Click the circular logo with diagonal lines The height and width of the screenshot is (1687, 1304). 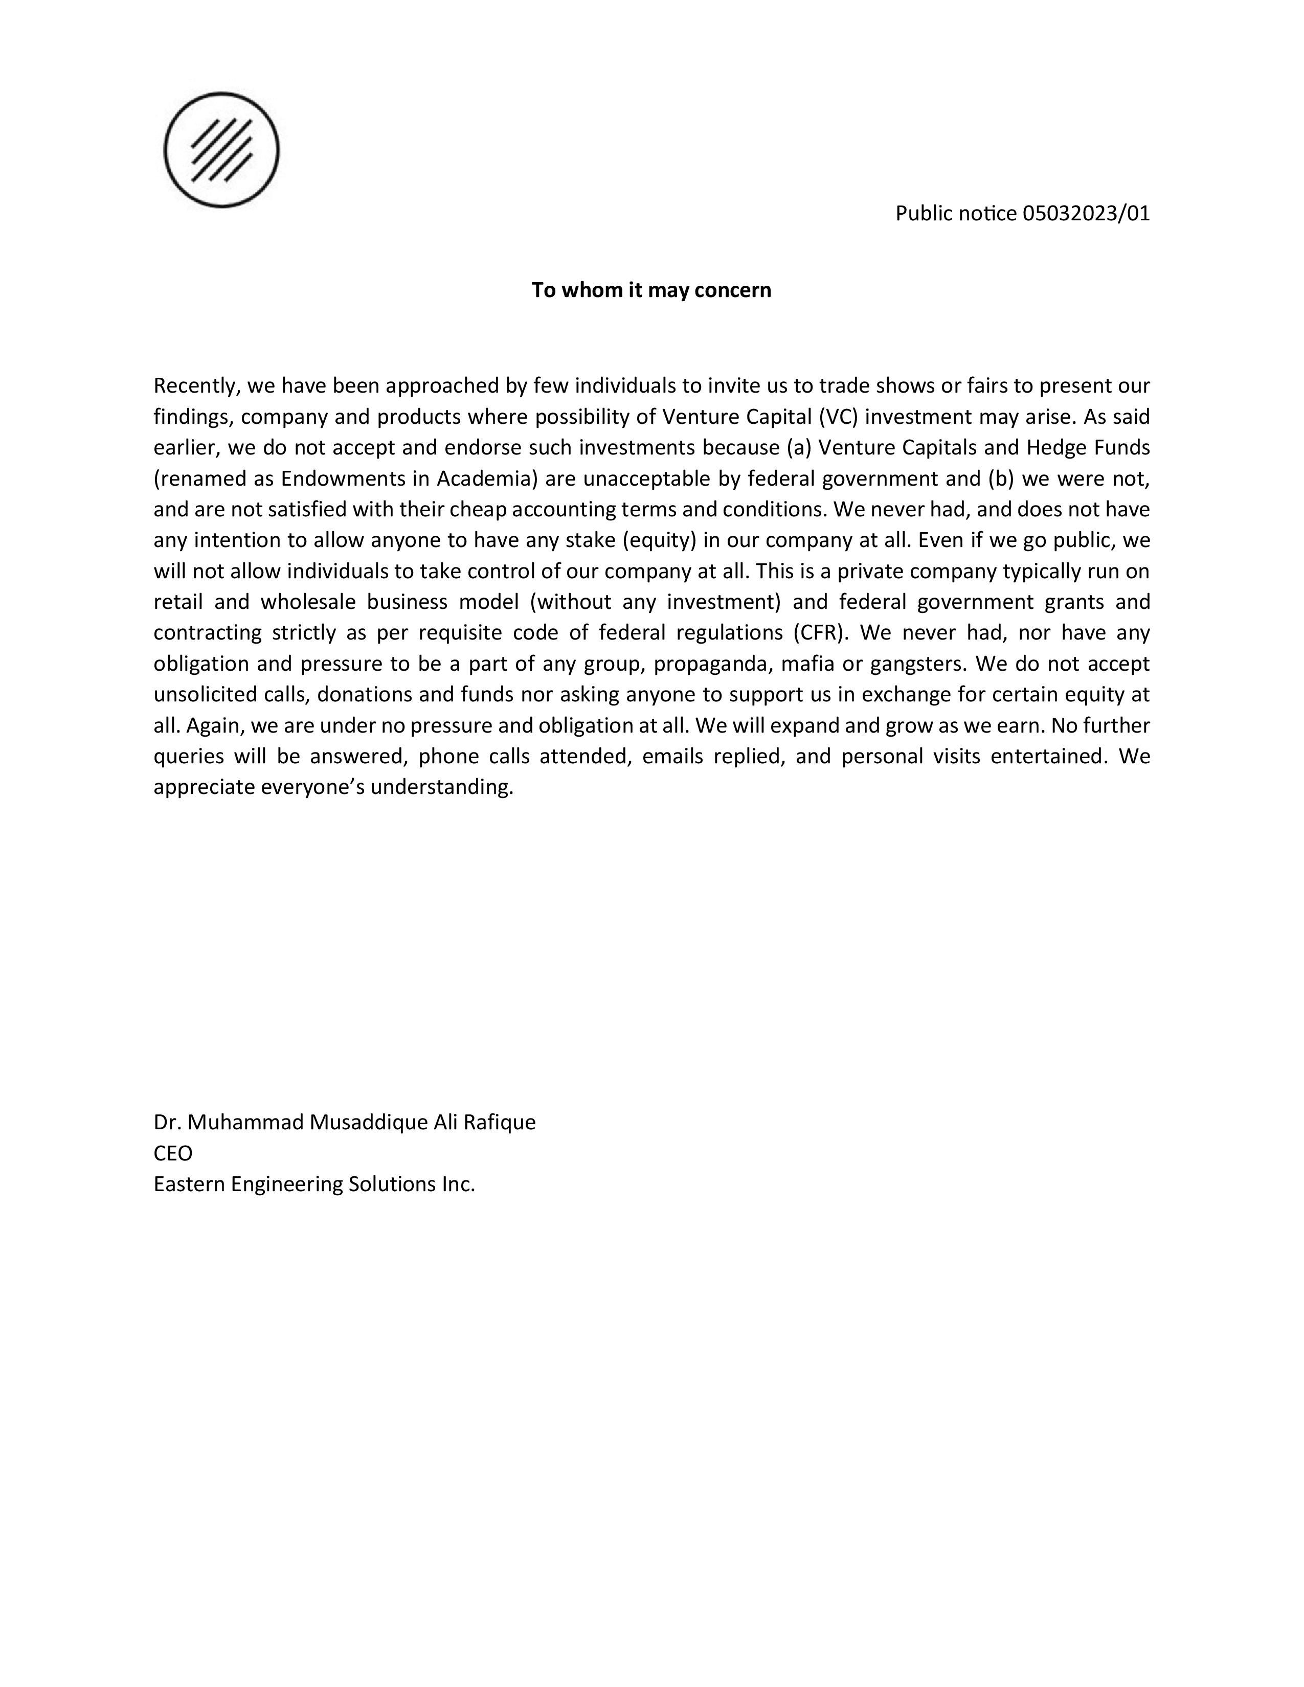coord(222,150)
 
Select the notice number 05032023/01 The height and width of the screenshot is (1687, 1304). coord(1086,213)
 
